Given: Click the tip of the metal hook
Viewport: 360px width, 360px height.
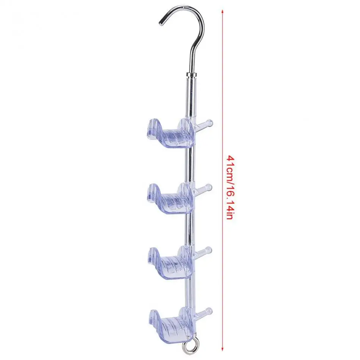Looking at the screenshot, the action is (161, 22).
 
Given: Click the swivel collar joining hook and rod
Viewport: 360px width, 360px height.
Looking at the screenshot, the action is (192, 75).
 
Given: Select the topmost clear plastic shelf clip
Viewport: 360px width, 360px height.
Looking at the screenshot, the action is (169, 134).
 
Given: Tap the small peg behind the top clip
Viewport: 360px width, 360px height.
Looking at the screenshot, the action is (204, 124).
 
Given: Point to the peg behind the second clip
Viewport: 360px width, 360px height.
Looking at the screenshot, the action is (204, 188).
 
